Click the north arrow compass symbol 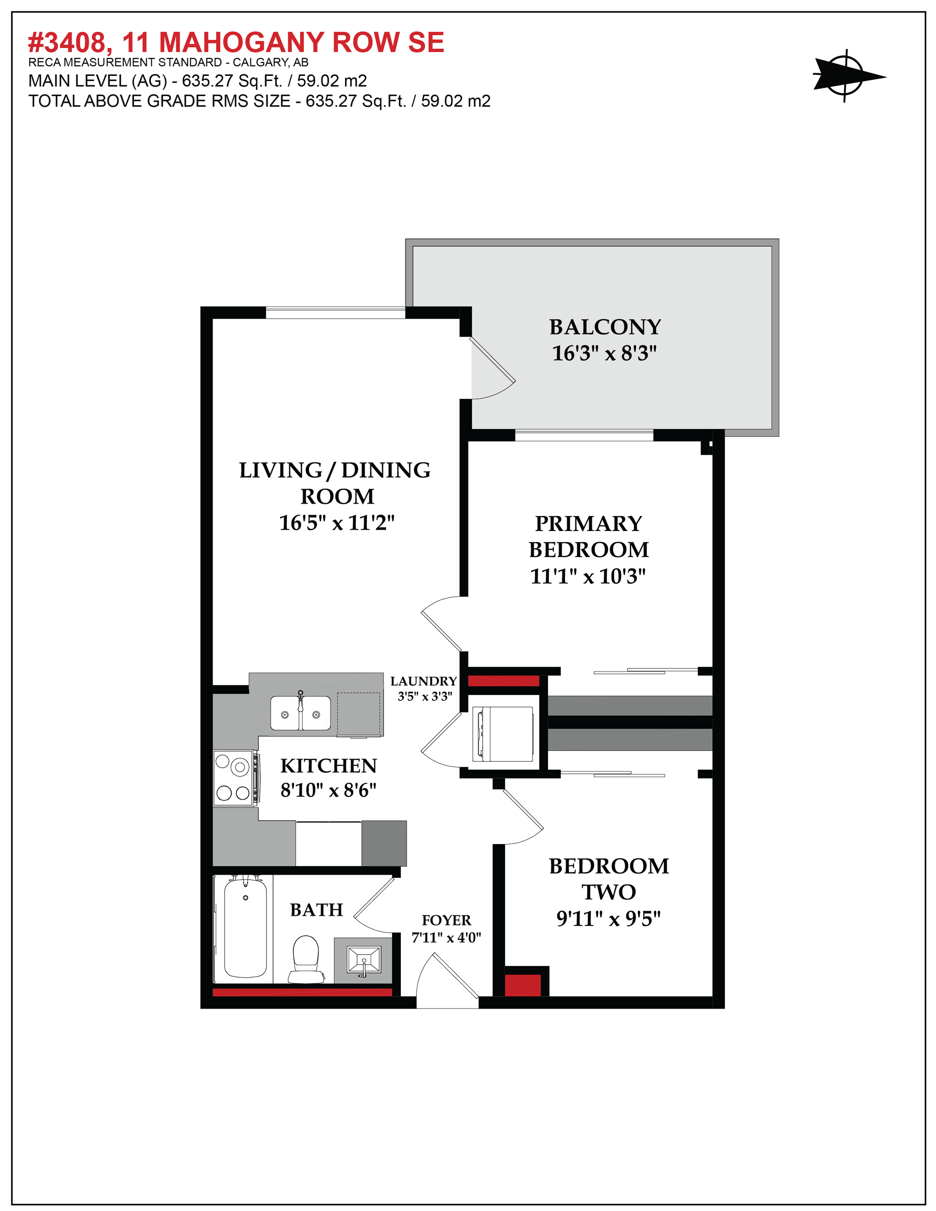[x=845, y=76]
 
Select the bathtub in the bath [x=245, y=926]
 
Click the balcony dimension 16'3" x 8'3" [x=604, y=353]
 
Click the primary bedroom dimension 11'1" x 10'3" [x=588, y=576]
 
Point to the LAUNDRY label [x=424, y=681]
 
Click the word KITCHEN [x=328, y=766]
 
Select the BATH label [x=316, y=910]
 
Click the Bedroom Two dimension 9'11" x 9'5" [x=608, y=919]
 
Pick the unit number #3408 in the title [x=67, y=42]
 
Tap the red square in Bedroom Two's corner [x=522, y=985]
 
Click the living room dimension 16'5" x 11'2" [x=336, y=522]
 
